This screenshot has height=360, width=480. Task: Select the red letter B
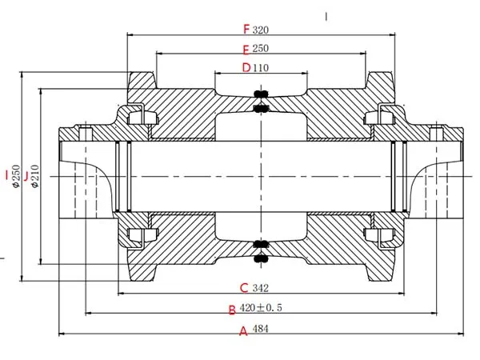232,310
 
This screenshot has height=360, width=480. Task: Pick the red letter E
246,49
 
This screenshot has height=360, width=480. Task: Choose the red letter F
246,30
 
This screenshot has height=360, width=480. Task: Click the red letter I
6,174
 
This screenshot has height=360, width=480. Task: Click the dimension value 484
260,329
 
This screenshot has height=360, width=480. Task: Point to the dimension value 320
260,31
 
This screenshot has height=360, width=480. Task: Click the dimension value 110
260,67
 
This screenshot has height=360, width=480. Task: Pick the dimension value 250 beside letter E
260,49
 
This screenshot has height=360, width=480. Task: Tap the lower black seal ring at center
260,250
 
